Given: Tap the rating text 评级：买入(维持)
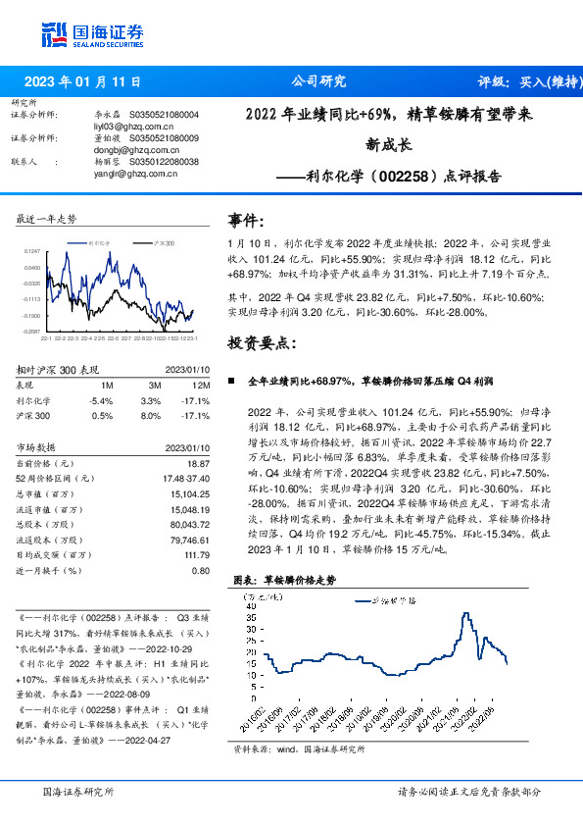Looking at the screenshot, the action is coord(524,82).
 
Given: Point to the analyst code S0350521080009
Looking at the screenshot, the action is coord(164,138).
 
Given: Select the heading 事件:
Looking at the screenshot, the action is coord(246,221).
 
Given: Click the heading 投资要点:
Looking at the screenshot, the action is coord(260,343).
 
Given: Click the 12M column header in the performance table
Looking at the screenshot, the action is coord(203,386).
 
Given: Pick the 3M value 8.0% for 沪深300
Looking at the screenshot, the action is coord(150,415).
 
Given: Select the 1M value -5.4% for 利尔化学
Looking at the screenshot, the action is coord(100,400).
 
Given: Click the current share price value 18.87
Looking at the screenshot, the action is coord(198,462).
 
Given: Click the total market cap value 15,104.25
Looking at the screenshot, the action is coord(189,494).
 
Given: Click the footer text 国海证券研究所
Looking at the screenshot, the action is coord(78,791).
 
